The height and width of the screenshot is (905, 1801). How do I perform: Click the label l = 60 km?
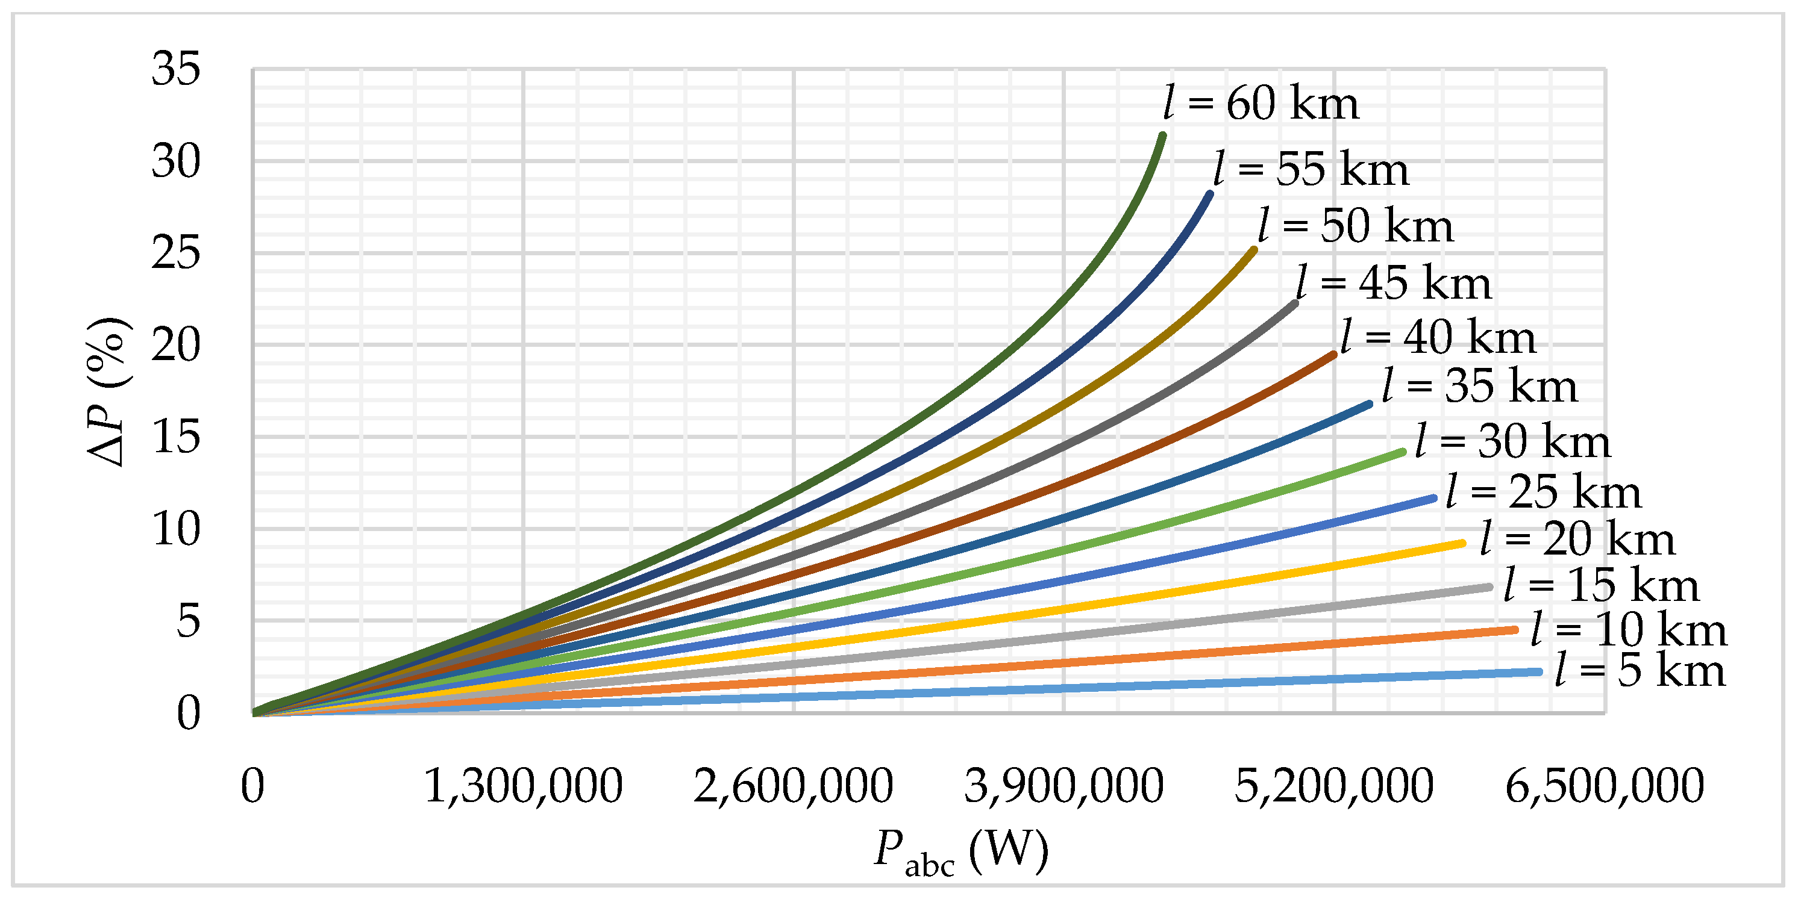click(1261, 104)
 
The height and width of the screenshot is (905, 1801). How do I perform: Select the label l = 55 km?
click(1311, 170)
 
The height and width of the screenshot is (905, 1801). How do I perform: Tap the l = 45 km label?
click(1394, 284)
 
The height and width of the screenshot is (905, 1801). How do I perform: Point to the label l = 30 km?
click(1513, 443)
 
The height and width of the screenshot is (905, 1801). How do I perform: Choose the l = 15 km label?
click(1601, 586)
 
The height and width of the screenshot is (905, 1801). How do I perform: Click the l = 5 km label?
click(1640, 671)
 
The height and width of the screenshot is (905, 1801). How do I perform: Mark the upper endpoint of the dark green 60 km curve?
click(1163, 135)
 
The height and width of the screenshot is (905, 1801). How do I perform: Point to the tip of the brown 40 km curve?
click(1335, 354)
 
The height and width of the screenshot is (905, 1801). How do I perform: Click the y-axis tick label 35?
click(175, 69)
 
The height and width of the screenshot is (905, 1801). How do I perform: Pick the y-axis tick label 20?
click(175, 345)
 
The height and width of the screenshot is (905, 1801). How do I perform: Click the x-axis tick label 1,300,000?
click(523, 786)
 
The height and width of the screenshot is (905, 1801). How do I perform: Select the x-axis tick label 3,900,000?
click(1063, 786)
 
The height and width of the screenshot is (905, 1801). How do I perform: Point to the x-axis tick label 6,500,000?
click(1605, 786)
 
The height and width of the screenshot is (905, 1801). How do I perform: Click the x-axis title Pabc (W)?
click(961, 852)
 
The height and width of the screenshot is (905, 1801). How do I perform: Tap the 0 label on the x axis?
click(252, 786)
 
